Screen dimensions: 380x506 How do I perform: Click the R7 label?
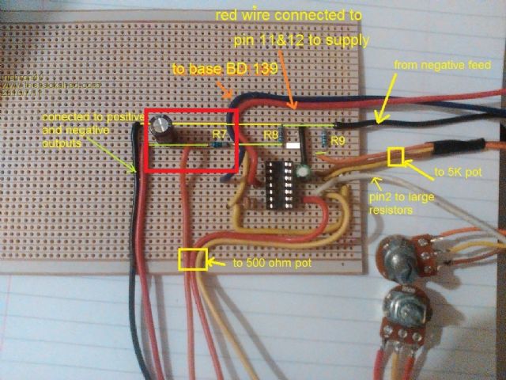(x=220, y=135)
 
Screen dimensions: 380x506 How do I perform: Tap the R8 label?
(x=271, y=135)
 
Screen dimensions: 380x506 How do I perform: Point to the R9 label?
(x=338, y=141)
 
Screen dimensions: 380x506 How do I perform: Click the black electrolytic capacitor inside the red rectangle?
(x=164, y=129)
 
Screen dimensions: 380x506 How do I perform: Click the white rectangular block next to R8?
(x=293, y=146)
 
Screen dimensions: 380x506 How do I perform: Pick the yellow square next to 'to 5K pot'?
(x=395, y=157)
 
